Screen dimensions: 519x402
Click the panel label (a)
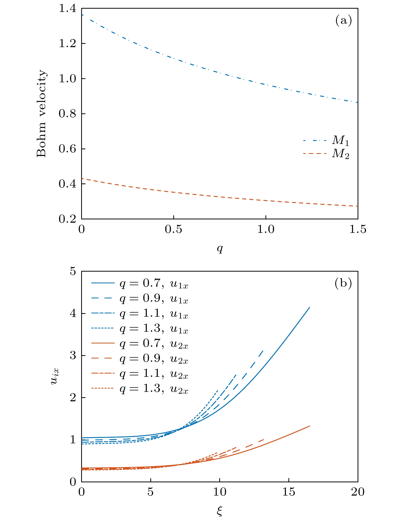point(344,20)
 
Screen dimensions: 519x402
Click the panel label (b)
point(343,283)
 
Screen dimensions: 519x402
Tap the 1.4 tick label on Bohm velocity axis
point(67,9)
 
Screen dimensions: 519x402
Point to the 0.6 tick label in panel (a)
point(67,149)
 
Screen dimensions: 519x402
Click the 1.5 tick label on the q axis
point(358,230)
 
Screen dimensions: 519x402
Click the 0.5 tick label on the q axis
point(173,230)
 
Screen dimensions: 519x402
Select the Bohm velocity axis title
point(41,114)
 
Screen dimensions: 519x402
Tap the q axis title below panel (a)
point(220,248)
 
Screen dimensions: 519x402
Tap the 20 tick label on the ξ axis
point(358,492)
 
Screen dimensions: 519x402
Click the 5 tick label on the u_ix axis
point(73,272)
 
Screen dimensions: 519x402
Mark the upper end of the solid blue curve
point(309,308)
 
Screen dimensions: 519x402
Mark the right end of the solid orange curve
point(309,426)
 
